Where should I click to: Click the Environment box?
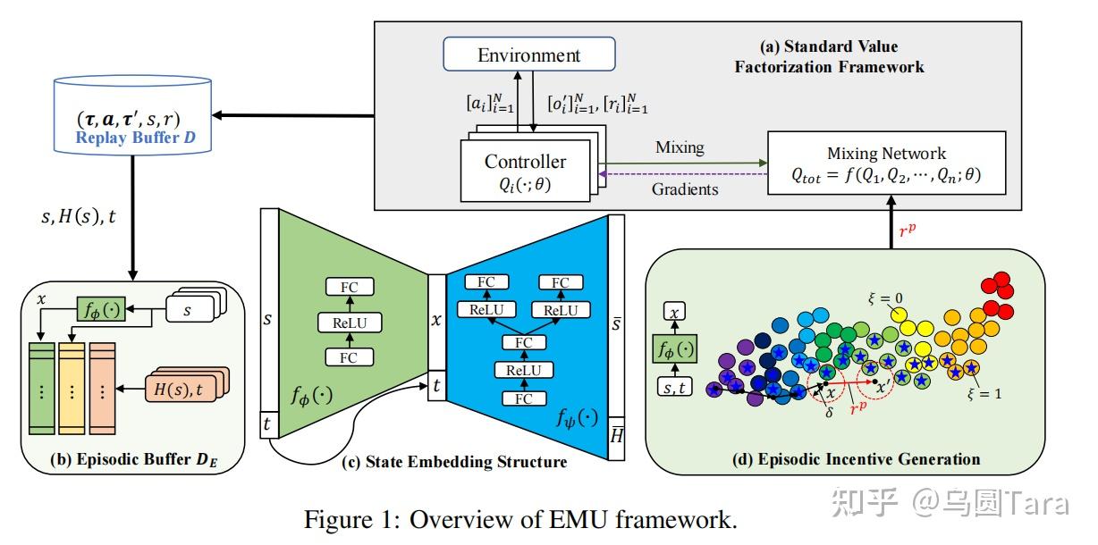528,54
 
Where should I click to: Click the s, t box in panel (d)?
678,386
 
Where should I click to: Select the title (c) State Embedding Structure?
454,462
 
